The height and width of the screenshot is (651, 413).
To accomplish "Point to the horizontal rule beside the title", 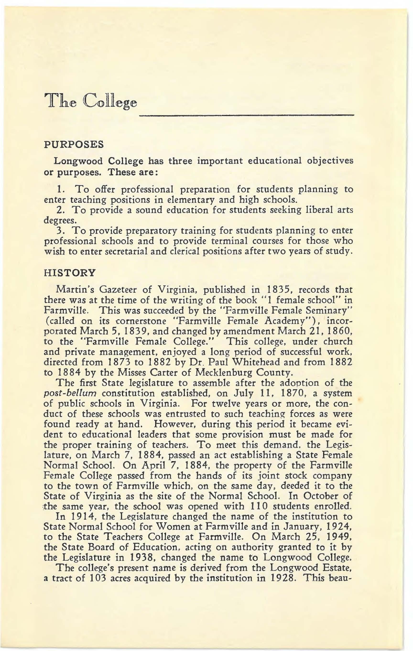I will pos(246,115).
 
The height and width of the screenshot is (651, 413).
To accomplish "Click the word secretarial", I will pos(123,252).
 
